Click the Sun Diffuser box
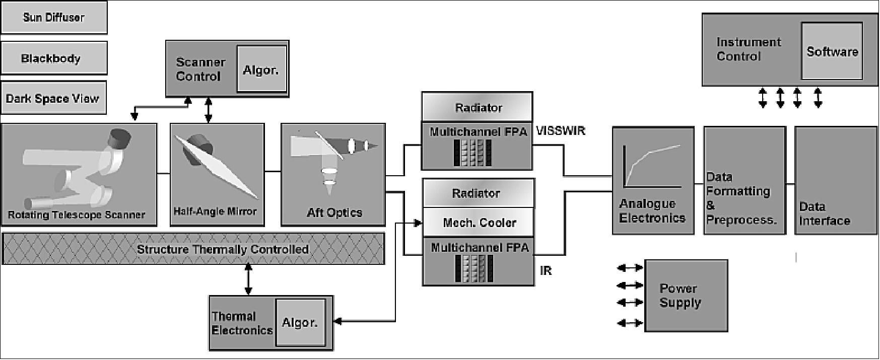tap(53, 18)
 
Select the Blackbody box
tap(53, 58)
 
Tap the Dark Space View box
tap(53, 98)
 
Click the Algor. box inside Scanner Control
tap(261, 69)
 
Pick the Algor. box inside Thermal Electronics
tap(300, 322)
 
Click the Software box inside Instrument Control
tap(832, 51)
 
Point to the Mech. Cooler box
tap(479, 223)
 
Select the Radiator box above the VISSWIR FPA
tap(478, 108)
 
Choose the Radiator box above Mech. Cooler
tap(478, 193)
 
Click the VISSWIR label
tap(561, 131)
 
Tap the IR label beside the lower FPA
tap(546, 271)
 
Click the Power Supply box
tap(686, 296)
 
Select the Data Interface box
tap(835, 180)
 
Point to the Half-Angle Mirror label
tap(215, 212)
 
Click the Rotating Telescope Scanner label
tap(77, 215)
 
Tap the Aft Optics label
tap(334, 212)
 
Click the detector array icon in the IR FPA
tap(474, 269)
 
